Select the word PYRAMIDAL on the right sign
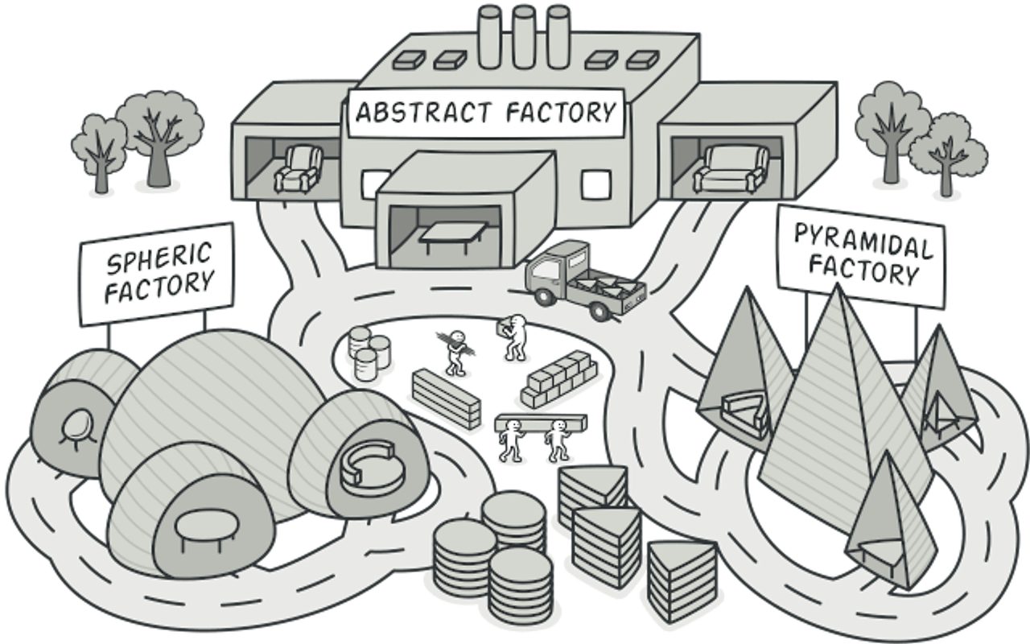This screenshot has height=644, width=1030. click(x=863, y=242)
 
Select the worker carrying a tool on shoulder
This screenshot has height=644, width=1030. click(x=456, y=350)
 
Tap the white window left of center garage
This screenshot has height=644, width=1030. click(x=372, y=182)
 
